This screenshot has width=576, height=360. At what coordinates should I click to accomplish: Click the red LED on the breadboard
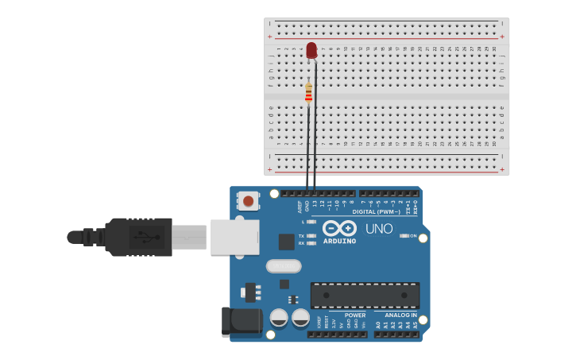(x=311, y=50)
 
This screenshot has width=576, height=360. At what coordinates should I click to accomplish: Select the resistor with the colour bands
(x=308, y=94)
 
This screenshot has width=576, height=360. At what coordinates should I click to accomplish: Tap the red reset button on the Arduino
(x=248, y=201)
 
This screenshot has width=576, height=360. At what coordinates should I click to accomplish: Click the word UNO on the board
(x=379, y=229)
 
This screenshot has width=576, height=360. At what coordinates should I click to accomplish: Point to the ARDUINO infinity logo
(x=339, y=228)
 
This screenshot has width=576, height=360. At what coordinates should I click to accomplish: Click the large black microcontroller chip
(x=365, y=295)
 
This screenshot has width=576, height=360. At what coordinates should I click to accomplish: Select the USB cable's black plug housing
(x=139, y=237)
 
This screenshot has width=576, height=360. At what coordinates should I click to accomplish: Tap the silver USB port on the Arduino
(x=234, y=237)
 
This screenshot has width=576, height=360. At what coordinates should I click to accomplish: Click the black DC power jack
(x=242, y=321)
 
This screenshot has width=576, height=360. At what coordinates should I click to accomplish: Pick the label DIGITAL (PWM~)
(x=377, y=212)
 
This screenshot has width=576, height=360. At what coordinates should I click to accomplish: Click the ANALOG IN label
(x=400, y=315)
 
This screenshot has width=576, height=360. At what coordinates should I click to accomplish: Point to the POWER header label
(x=355, y=315)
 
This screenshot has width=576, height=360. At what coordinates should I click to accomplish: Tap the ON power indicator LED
(x=404, y=236)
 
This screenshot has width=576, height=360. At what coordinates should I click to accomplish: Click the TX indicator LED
(x=311, y=236)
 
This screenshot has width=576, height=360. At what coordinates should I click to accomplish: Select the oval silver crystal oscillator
(x=284, y=266)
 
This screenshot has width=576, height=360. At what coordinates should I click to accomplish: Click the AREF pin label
(x=300, y=207)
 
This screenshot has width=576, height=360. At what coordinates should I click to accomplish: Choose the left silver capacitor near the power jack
(x=279, y=318)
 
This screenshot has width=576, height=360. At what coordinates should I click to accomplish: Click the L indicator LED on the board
(x=311, y=222)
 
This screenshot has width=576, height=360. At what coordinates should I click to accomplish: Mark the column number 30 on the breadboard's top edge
(x=494, y=48)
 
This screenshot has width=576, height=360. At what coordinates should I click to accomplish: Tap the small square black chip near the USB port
(x=286, y=242)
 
